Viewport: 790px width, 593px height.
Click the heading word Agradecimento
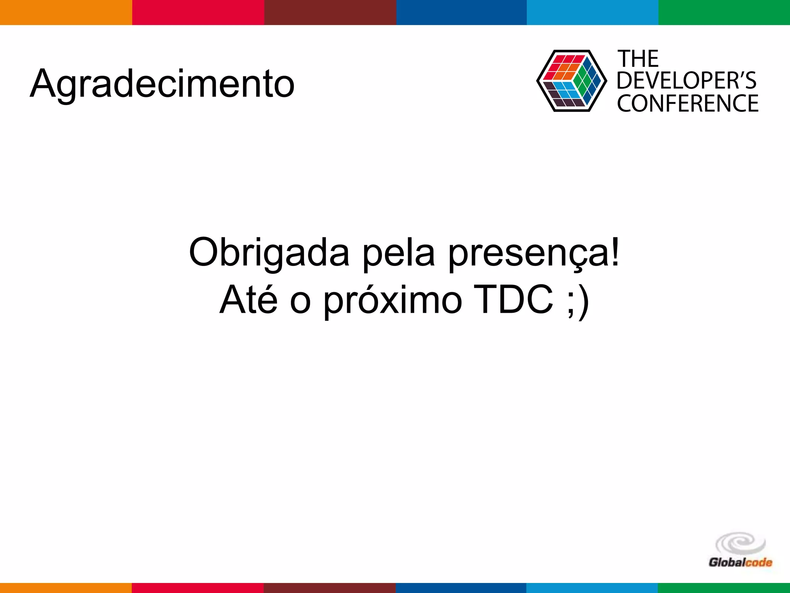tap(162, 84)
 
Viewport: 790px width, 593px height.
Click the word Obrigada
tap(269, 252)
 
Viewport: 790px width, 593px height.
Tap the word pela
tap(399, 252)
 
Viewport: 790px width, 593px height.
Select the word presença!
tap(534, 252)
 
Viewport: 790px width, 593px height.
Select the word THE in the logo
tap(638, 59)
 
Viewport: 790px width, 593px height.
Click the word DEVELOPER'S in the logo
tap(686, 81)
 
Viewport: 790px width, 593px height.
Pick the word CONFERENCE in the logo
tap(687, 103)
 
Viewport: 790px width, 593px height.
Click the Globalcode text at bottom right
tap(740, 563)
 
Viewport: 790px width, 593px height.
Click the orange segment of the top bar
tap(66, 12)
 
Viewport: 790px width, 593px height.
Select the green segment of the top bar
tap(724, 12)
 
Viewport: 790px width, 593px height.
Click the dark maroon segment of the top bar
tap(330, 12)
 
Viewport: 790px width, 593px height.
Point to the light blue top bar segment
tap(592, 12)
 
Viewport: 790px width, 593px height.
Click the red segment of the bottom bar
tap(197, 588)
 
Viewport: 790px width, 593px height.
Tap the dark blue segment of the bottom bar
tap(461, 588)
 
